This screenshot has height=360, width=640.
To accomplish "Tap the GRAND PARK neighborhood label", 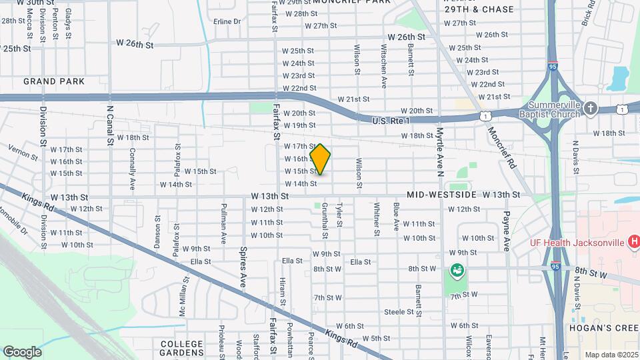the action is [54, 81].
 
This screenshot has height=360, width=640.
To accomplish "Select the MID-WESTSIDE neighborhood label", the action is [441, 195].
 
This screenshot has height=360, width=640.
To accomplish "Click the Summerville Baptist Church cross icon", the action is [590, 107].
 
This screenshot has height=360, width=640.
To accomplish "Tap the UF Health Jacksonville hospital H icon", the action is [634, 241].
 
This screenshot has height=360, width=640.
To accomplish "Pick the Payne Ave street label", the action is [506, 231].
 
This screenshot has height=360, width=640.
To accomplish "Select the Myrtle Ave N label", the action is [440, 144].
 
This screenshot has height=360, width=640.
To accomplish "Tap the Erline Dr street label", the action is [227, 21].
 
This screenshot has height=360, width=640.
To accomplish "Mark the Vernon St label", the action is [23, 153].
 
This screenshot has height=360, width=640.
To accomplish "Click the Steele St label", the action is [399, 311].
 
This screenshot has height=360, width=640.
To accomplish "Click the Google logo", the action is [22, 351].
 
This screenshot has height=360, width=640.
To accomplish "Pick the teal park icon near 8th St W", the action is [457, 270].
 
